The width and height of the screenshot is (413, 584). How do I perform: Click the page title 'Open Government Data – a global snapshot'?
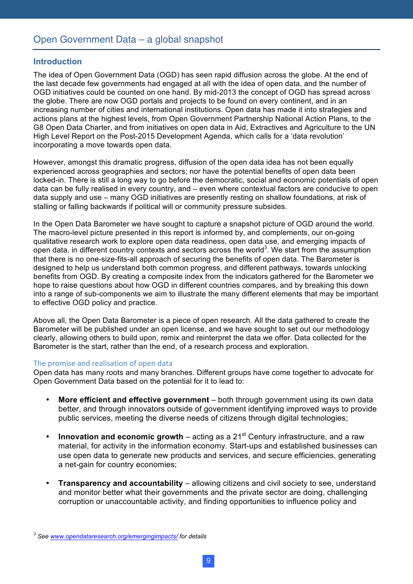[128, 40]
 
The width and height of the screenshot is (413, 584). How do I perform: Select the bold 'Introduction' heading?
[57, 62]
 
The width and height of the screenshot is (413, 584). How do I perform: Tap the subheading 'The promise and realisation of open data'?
[103, 363]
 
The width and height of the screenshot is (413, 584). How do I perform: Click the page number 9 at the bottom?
[208, 561]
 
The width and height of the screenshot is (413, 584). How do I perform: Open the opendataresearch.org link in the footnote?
[114, 536]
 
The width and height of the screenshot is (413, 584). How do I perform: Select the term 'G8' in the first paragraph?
[38, 127]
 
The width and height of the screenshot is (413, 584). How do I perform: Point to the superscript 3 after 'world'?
[266, 248]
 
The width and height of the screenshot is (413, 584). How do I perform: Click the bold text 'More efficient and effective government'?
[133, 400]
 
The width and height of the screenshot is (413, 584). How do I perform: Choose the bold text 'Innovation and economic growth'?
[120, 437]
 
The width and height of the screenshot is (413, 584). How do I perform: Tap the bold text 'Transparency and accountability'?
[120, 483]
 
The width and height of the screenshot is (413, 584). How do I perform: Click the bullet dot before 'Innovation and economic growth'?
[47, 436]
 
